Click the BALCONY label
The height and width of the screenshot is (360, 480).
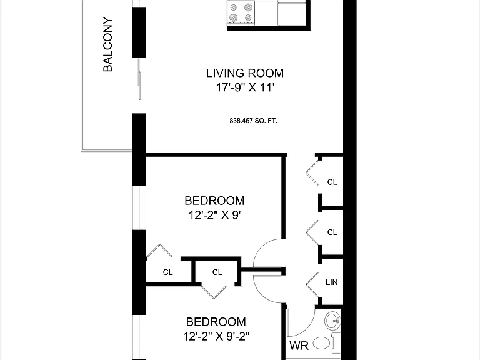click(107, 45)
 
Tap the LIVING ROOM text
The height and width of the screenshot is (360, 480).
click(245, 73)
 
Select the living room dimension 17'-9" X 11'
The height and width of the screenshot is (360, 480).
click(245, 87)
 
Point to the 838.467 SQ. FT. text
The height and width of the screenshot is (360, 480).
click(254, 121)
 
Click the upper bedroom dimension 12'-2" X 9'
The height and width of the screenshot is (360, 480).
click(214, 215)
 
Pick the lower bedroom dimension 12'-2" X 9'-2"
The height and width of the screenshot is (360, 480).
click(216, 336)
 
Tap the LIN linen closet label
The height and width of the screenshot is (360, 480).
click(332, 282)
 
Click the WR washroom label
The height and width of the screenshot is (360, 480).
click(299, 346)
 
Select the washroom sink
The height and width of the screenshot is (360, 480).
click(332, 321)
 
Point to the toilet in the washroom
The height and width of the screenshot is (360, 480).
click(326, 344)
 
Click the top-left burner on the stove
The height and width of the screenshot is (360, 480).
click(234, 7)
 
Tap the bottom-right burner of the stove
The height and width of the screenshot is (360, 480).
click(248, 17)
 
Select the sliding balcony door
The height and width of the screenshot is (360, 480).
click(139, 79)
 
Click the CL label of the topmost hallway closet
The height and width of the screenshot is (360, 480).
click(332, 182)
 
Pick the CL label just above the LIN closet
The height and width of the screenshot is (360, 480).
click(332, 232)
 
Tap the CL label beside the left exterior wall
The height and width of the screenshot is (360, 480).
click(167, 272)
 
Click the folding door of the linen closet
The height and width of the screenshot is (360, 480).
click(312, 285)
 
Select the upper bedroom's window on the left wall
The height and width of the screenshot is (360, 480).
click(139, 207)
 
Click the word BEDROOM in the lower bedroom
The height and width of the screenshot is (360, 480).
click(216, 322)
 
